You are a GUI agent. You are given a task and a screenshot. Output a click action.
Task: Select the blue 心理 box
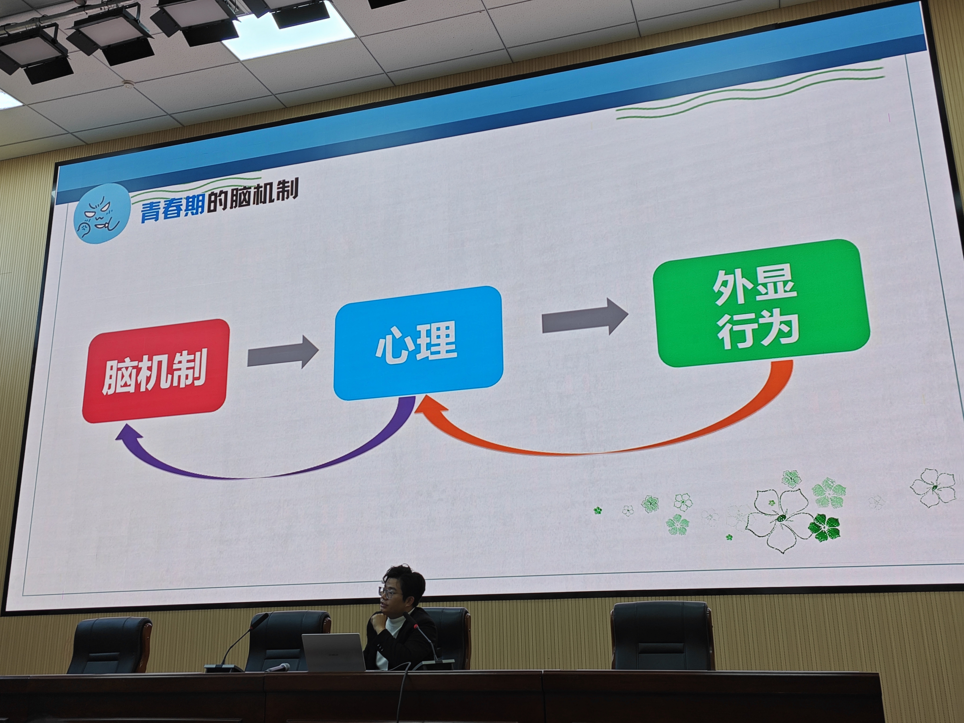pyautogui.click(x=418, y=343)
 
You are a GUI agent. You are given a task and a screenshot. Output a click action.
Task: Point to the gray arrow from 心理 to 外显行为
pyautogui.click(x=585, y=316)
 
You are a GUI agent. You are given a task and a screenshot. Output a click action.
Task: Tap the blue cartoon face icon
pyautogui.click(x=101, y=213)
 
